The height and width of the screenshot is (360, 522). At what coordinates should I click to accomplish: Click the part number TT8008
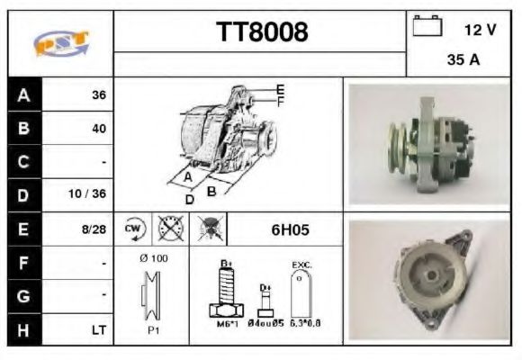click(x=262, y=32)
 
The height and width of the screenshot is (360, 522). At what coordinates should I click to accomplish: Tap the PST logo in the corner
click(x=61, y=43)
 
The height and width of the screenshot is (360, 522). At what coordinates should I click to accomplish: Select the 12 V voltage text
click(x=480, y=29)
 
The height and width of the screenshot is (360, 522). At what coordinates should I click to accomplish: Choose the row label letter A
click(x=23, y=94)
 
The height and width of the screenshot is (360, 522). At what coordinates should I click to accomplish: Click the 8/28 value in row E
click(x=94, y=229)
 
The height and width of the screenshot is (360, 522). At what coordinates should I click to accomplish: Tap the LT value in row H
click(x=99, y=330)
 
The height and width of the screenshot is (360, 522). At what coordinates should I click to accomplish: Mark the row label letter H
click(x=23, y=330)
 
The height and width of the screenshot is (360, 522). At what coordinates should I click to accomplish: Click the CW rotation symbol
click(x=135, y=229)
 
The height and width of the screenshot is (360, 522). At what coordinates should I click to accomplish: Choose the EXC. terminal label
click(x=301, y=265)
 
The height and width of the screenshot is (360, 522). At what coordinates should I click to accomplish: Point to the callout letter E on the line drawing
click(x=281, y=88)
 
